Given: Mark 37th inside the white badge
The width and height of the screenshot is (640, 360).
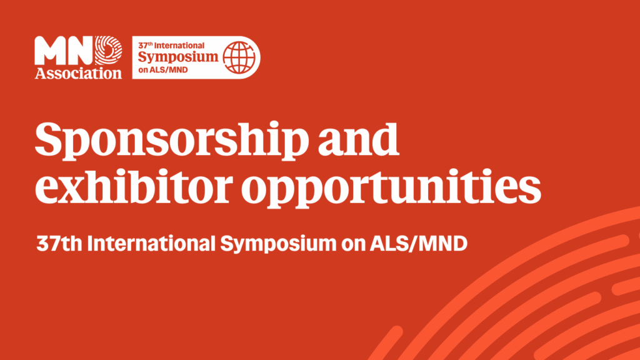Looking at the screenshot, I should (x=147, y=46).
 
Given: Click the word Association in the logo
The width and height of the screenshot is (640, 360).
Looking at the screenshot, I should (x=78, y=73).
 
